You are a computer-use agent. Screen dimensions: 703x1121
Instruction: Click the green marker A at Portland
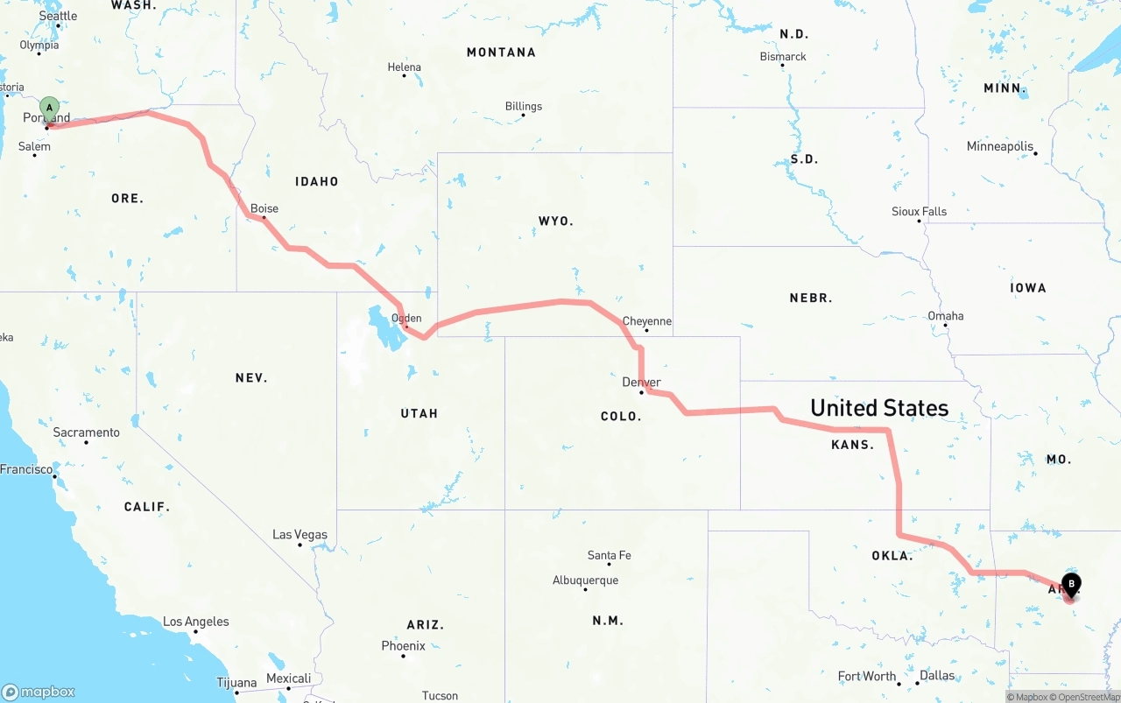[x=50, y=109]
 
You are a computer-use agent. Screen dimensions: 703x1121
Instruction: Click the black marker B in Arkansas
[x=1071, y=583]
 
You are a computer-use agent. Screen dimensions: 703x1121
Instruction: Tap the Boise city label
[x=264, y=208]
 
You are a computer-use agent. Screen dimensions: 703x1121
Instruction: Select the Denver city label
[x=641, y=383]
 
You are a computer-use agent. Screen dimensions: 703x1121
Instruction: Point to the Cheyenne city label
[x=647, y=321]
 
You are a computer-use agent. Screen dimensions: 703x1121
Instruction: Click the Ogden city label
[x=406, y=319]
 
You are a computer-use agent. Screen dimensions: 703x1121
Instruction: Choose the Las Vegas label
[x=300, y=534]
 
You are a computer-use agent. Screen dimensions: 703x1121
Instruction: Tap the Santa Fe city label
[x=609, y=555]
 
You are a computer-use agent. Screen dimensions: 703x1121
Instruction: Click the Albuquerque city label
[x=585, y=580]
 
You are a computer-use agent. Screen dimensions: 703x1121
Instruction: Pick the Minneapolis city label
[x=1000, y=146]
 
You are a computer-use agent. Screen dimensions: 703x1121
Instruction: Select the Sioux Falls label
[x=919, y=211]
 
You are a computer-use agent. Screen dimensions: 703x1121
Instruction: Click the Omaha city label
[x=946, y=316]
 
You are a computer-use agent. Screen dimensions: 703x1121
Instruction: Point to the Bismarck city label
[x=783, y=57]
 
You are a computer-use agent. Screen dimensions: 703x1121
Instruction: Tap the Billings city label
[x=524, y=106]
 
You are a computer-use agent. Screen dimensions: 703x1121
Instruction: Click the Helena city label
[x=405, y=67]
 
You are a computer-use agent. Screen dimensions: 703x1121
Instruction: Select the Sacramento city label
[x=86, y=432]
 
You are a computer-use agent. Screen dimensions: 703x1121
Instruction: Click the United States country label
[x=879, y=408]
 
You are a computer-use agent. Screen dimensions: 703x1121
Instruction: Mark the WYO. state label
[x=556, y=221]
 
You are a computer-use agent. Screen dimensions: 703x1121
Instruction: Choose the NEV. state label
[x=251, y=378]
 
